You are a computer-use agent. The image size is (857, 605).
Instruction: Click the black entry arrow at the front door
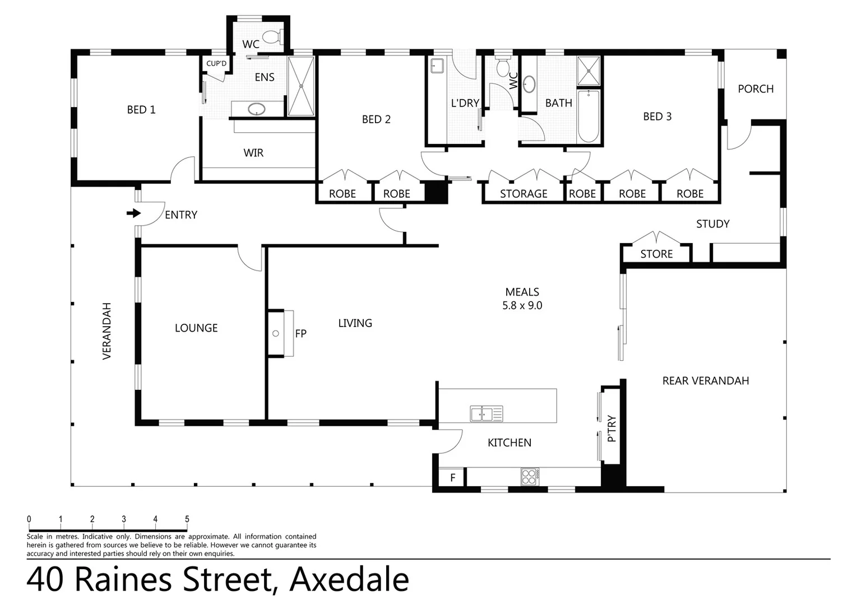[x=134, y=213]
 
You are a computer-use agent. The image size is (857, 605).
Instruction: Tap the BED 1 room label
[x=141, y=110]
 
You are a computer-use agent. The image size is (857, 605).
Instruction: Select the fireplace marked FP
[x=280, y=333]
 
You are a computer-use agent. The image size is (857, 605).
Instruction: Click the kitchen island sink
[x=486, y=414]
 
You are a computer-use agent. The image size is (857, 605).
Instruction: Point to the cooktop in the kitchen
[x=530, y=476]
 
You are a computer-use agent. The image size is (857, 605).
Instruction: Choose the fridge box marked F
[x=453, y=478]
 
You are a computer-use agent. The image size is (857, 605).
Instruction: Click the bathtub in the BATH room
[x=589, y=117]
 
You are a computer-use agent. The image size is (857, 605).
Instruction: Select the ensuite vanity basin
[x=257, y=109]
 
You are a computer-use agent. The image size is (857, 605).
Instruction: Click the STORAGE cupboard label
[x=524, y=194]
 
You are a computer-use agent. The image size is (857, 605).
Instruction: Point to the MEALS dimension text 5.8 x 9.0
[x=522, y=306]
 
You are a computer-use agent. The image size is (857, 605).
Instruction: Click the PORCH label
[x=756, y=89]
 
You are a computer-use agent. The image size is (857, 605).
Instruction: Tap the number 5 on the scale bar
[x=187, y=519]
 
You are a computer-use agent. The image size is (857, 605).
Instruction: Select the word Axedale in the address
[x=349, y=580]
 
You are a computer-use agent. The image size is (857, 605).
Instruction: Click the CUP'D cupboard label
[x=216, y=63]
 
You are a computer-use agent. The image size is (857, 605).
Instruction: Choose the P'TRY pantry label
[x=612, y=429]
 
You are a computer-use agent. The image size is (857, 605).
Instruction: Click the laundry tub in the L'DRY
[x=437, y=67]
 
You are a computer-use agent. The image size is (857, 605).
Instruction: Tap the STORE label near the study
[x=656, y=254]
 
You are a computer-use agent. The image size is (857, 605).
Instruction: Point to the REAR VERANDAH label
[x=706, y=381]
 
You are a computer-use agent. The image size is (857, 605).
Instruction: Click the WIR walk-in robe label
[x=253, y=153]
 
